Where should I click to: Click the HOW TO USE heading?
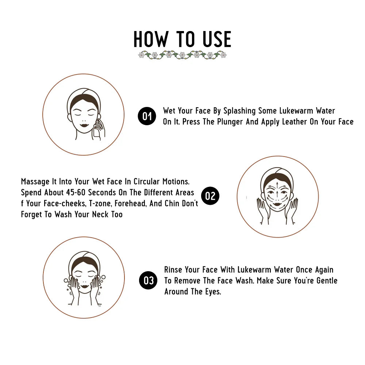tap(182, 39)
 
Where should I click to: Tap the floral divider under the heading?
tap(182, 55)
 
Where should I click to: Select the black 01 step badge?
tap(147, 116)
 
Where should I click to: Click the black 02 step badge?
tap(210, 196)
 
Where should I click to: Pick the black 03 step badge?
tap(148, 280)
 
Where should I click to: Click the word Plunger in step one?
tap(230, 122)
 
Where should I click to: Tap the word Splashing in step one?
tap(239, 111)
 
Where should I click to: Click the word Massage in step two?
tap(35, 181)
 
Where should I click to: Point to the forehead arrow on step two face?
tap(278, 186)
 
